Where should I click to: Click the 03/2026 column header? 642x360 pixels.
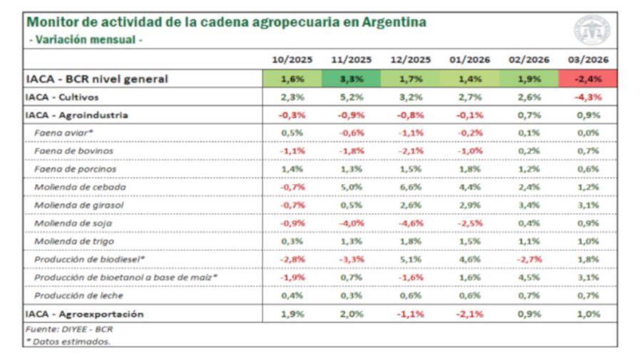(588, 60)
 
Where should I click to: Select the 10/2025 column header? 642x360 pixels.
(292, 60)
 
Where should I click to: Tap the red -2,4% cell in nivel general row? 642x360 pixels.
(588, 79)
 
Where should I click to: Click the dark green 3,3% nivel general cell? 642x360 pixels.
(351, 79)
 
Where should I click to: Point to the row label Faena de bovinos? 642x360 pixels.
(75, 151)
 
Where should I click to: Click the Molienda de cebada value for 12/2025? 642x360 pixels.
(410, 187)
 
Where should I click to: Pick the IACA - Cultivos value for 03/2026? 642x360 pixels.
(588, 97)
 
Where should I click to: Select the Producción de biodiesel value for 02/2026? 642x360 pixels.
(529, 259)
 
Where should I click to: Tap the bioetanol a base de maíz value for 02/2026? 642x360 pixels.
(529, 277)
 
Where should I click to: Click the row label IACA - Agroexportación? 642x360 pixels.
(84, 314)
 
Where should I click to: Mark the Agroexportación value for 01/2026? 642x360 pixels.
(469, 314)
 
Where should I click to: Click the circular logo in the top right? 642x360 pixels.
(592, 30)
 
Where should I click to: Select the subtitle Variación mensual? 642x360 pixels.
(86, 39)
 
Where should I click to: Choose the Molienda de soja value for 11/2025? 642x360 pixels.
(351, 223)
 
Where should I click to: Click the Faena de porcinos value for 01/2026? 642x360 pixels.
(469, 170)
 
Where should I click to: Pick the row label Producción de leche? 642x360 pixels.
(78, 295)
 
